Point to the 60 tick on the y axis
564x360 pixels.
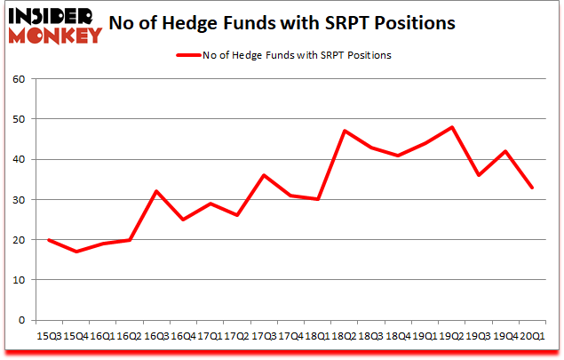click(18, 78)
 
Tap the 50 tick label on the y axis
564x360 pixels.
click(18, 119)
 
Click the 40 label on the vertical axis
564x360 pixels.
click(18, 159)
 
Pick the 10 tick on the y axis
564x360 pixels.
click(18, 280)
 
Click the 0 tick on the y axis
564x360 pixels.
click(21, 320)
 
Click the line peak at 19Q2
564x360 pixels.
click(453, 127)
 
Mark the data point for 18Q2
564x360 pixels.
click(345, 131)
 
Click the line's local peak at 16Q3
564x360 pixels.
click(156, 191)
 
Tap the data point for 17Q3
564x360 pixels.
click(264, 175)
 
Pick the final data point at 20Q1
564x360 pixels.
click(533, 188)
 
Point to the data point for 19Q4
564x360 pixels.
click(506, 151)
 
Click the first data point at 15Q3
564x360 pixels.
click(48, 240)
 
